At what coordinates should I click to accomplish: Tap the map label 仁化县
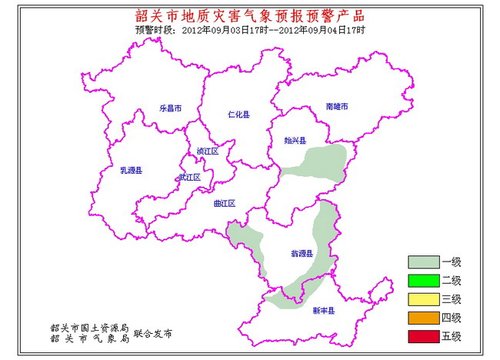point(240,114)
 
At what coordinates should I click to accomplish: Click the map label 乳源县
point(132,170)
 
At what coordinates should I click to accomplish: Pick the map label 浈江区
point(208,150)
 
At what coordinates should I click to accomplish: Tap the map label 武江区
point(189,178)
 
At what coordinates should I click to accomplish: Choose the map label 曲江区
point(224,203)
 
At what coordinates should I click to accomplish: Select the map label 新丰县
point(322,312)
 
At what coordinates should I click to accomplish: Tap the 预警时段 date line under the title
point(250,30)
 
